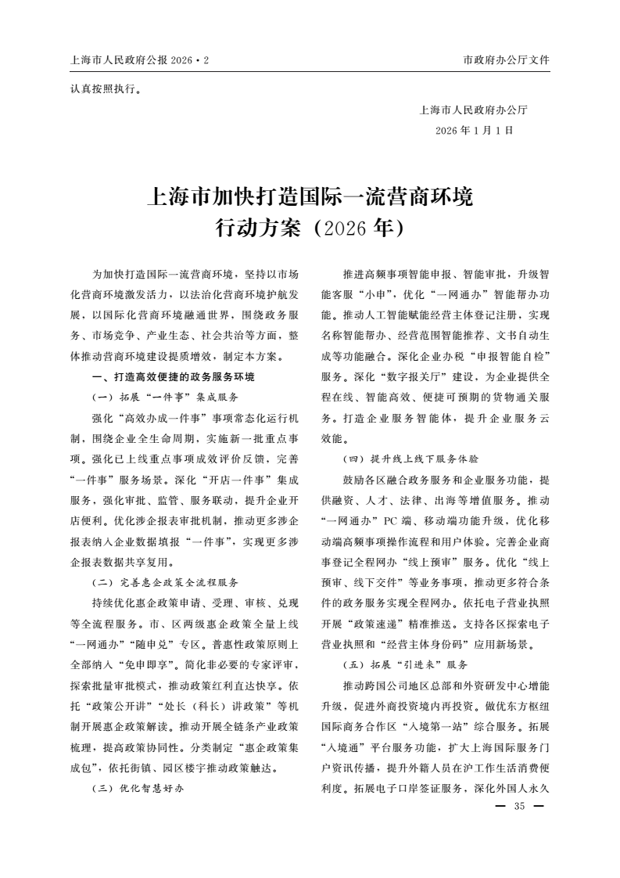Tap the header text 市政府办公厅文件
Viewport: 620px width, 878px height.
(506, 59)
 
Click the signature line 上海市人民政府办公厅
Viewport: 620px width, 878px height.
(474, 110)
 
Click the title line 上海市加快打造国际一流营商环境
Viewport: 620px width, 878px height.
(310, 196)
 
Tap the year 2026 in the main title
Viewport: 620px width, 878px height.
(345, 228)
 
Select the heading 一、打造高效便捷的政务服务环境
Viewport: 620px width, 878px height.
(173, 376)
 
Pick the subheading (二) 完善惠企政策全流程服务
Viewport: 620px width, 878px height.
(165, 583)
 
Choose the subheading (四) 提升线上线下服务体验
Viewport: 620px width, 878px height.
(410, 459)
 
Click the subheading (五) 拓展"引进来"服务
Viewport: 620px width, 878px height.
(405, 664)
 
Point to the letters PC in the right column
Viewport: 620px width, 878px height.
(394, 520)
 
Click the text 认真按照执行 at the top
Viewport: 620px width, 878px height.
(106, 88)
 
